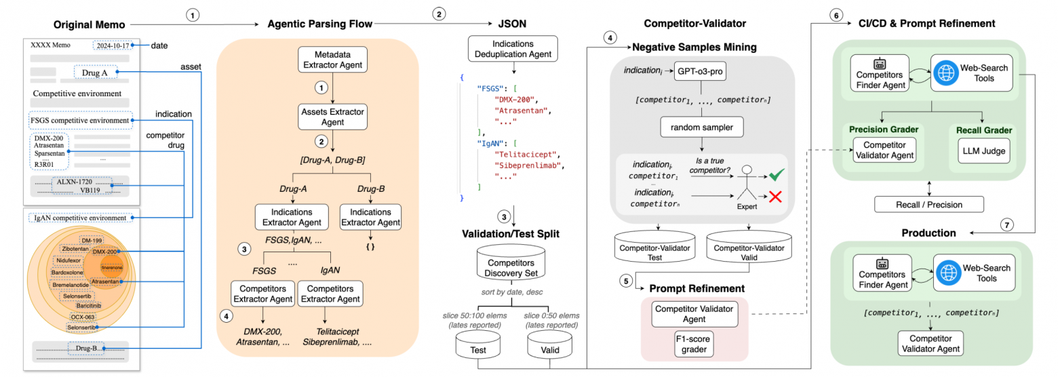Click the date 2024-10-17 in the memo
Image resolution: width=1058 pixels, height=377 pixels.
click(x=112, y=45)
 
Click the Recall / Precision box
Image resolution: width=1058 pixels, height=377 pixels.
click(x=929, y=203)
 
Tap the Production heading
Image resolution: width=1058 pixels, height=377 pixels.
click(x=928, y=233)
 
